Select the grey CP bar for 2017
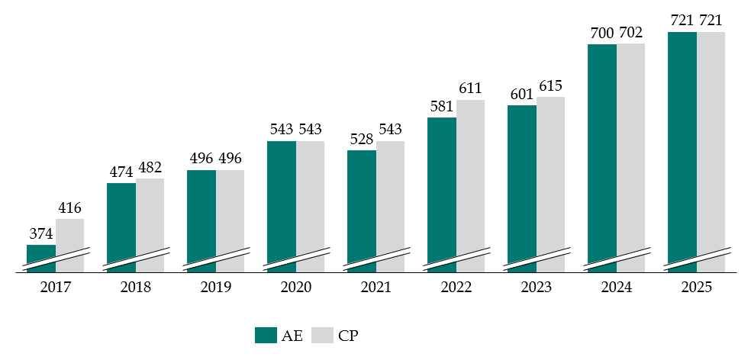click(x=69, y=244)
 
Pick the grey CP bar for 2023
click(x=550, y=184)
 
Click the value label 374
click(x=41, y=234)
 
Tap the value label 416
click(x=69, y=208)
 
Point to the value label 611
click(x=471, y=89)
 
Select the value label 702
click(x=631, y=33)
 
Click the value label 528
click(x=362, y=140)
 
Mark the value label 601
click(x=522, y=95)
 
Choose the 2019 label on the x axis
click(x=215, y=288)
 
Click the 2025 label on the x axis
click(x=696, y=288)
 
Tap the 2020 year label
click(x=295, y=288)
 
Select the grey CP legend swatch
click(x=325, y=335)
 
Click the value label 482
click(x=150, y=168)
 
